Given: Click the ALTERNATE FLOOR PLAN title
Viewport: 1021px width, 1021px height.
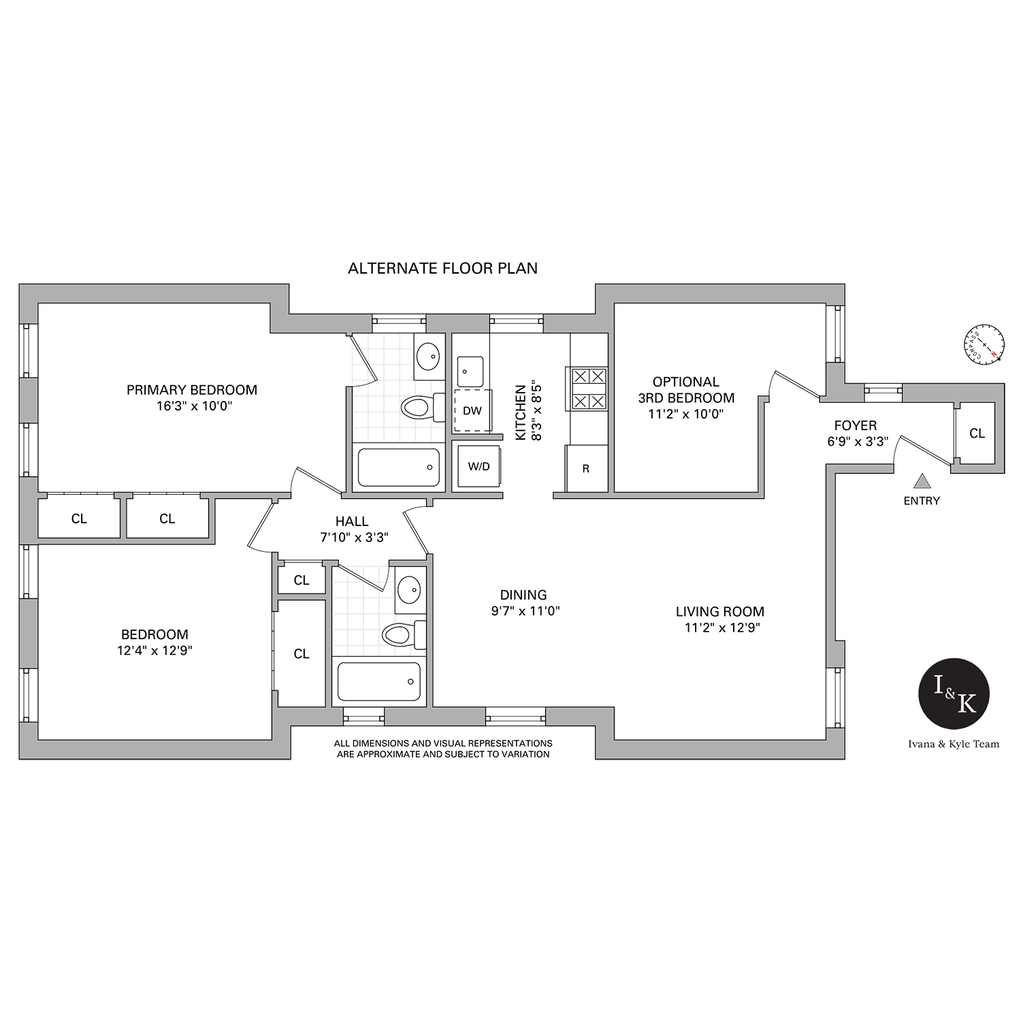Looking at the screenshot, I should click(x=442, y=268).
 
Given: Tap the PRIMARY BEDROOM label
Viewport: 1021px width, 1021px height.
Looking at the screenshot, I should click(x=192, y=390).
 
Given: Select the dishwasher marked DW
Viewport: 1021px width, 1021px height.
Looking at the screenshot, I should click(x=472, y=410).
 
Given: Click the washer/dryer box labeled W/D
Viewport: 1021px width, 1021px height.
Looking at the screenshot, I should click(x=479, y=466).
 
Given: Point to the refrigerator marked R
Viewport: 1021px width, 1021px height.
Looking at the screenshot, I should click(x=586, y=468).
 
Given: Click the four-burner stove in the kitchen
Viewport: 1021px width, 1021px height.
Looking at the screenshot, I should click(x=587, y=389).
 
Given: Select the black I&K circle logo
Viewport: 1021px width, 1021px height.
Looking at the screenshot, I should click(x=954, y=694).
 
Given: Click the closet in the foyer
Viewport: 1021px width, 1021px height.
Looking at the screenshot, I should click(x=977, y=433).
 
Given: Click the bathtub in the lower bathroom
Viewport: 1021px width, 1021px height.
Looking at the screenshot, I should click(x=379, y=681).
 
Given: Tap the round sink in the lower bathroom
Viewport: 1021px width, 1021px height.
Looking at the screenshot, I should click(x=409, y=589).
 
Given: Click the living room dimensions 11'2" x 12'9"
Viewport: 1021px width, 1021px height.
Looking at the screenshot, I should click(x=722, y=628).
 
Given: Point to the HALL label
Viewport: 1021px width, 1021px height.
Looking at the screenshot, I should click(x=352, y=521).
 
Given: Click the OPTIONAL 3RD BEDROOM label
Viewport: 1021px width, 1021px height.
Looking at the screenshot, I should click(x=686, y=390).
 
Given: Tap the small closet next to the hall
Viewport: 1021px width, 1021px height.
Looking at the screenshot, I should click(x=302, y=580).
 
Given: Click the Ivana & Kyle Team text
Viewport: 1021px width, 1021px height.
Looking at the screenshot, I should click(x=954, y=744).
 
